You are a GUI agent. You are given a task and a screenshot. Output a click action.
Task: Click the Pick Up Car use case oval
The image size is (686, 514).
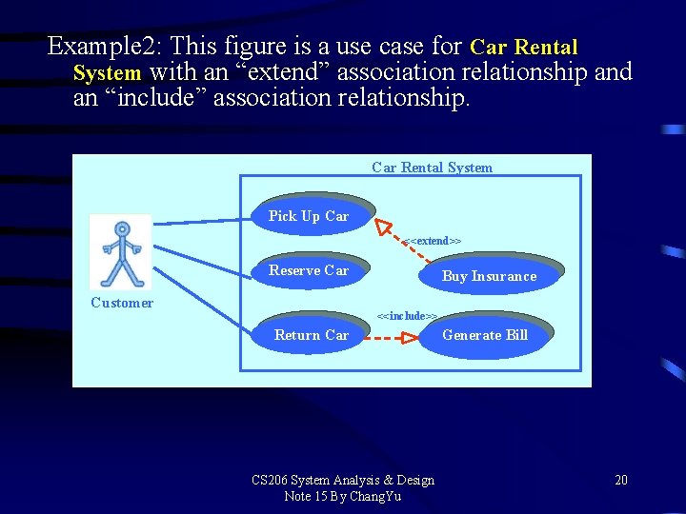pos(309,216)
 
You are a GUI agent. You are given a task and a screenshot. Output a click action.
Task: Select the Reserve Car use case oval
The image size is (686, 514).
pos(309,270)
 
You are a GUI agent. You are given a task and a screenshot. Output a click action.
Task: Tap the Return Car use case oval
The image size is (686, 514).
pos(311,335)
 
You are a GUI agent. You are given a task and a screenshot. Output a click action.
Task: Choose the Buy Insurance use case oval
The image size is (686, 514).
pos(489,276)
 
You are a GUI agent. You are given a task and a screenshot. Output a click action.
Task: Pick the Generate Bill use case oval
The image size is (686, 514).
pos(484,335)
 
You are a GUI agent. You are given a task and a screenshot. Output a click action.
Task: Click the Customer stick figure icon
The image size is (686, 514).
pos(121,253)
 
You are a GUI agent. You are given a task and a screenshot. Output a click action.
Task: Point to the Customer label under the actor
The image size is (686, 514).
pos(122,303)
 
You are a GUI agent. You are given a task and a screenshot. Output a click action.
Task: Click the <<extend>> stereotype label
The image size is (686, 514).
pos(434,242)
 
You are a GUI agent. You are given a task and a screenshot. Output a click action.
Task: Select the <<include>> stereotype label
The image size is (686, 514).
pos(408,315)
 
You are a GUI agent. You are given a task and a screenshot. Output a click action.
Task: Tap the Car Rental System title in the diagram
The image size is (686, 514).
pos(432,168)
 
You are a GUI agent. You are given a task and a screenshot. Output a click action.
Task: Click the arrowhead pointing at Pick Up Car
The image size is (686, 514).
pos(383,227)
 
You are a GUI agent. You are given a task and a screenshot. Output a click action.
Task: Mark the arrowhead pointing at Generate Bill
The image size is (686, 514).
pos(409,337)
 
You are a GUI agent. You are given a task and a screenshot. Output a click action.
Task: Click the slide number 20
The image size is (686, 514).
pos(621,480)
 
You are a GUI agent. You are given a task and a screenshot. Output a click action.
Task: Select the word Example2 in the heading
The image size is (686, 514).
pos(100,46)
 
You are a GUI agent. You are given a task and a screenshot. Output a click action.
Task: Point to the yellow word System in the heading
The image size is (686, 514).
pos(107,72)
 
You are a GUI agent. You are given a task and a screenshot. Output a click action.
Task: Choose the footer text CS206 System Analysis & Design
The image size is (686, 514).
pos(343,480)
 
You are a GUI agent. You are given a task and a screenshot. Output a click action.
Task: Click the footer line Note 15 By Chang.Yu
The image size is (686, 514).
pos(343,496)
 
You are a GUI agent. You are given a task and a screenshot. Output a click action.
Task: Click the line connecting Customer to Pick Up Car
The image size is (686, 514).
pos(202,222)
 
